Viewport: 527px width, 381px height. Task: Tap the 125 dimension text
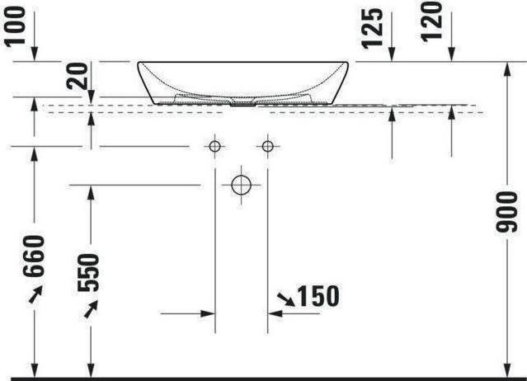(374, 27)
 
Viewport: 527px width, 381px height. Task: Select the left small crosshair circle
(214, 147)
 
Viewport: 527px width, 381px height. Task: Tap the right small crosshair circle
(266, 147)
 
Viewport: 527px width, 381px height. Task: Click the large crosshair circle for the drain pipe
(240, 185)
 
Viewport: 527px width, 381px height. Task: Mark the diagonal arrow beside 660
(35, 294)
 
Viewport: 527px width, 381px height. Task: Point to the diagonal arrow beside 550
(92, 308)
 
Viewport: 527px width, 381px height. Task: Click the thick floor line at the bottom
(264, 379)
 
